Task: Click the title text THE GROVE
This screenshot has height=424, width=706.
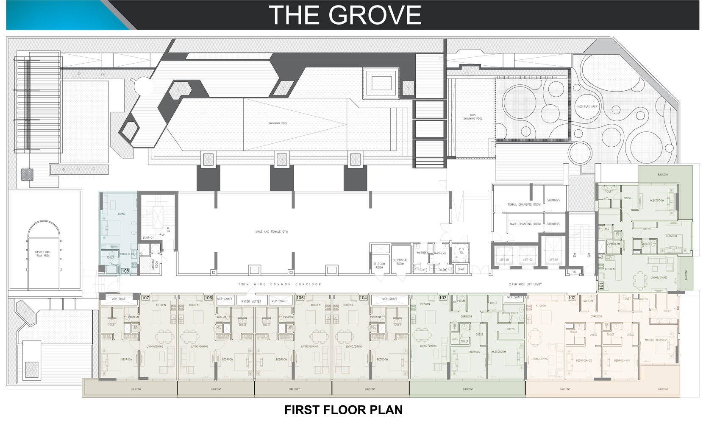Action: pos(345,15)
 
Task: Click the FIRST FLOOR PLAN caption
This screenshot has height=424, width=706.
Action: pos(343,410)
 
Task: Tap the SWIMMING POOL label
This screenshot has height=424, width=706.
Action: pos(278,123)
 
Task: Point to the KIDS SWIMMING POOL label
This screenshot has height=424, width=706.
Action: pos(473,117)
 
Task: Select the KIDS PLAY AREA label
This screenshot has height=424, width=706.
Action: pos(587,106)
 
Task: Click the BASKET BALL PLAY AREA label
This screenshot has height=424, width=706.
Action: pos(43,254)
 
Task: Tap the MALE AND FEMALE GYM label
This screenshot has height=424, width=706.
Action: pos(272,232)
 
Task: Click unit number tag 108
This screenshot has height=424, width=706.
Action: pos(125,271)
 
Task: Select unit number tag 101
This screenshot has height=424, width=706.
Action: pos(601,286)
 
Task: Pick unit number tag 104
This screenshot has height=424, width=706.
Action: pos(363,298)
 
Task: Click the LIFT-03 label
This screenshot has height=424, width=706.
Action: pos(553,260)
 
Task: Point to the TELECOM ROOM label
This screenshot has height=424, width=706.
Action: pos(379,265)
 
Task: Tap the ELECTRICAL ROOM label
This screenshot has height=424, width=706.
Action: pos(400,262)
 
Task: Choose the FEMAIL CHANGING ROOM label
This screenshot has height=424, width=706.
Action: pos(524,204)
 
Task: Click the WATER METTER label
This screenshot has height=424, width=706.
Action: pos(251,301)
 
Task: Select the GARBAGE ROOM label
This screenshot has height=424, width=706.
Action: pos(154,265)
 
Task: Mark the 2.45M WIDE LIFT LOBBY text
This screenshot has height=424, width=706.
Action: pos(525,284)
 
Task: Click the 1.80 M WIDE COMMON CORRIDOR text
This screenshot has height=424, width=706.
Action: pos(280,284)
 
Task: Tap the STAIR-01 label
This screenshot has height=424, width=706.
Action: pos(148,237)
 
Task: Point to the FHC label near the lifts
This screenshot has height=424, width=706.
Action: pos(574,272)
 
